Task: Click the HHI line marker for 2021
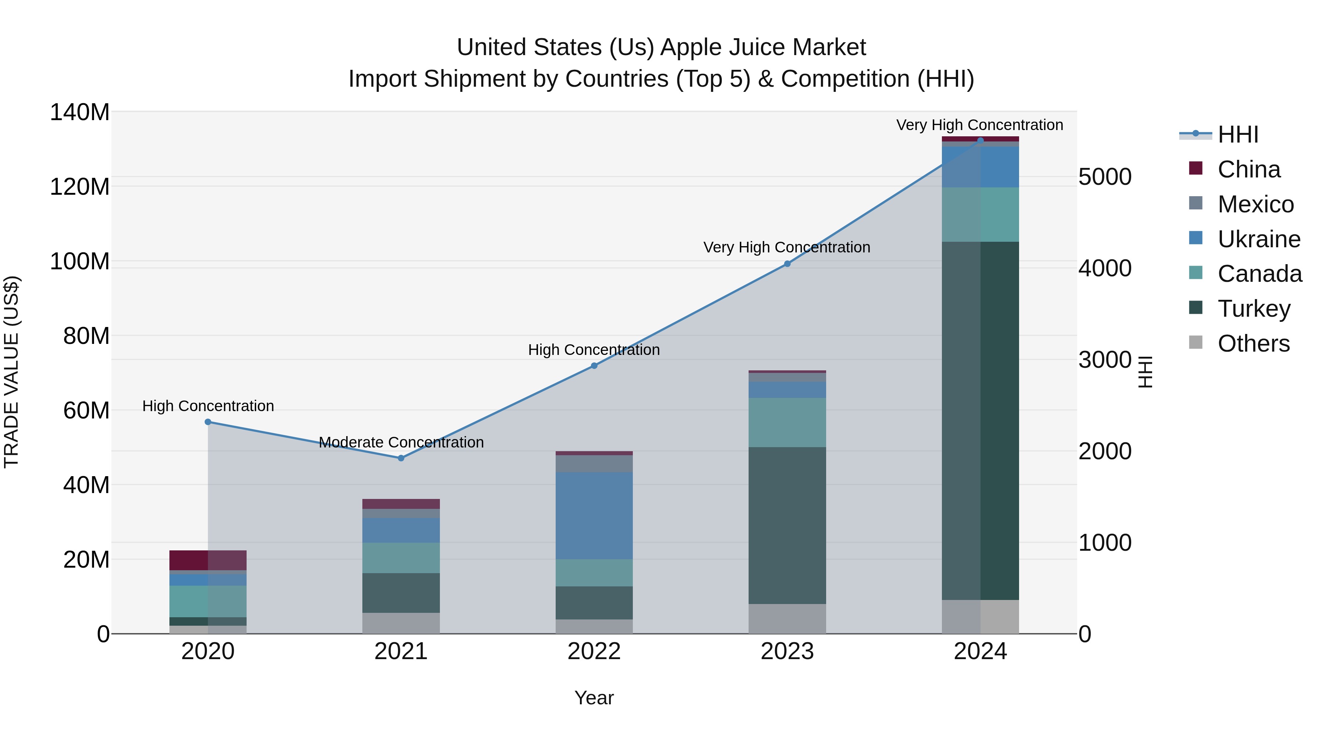point(401,458)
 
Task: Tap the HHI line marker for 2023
point(787,264)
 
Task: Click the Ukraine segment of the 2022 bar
point(594,515)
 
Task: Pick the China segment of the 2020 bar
point(208,560)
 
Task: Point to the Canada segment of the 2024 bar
point(980,215)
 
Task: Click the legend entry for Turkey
point(1253,309)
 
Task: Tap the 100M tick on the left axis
point(80,261)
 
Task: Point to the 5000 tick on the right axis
point(1105,177)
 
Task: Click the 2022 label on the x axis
point(594,651)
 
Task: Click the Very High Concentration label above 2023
point(786,248)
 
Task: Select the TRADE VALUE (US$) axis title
point(11,372)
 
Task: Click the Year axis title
point(594,698)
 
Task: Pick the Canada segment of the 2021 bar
point(401,558)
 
